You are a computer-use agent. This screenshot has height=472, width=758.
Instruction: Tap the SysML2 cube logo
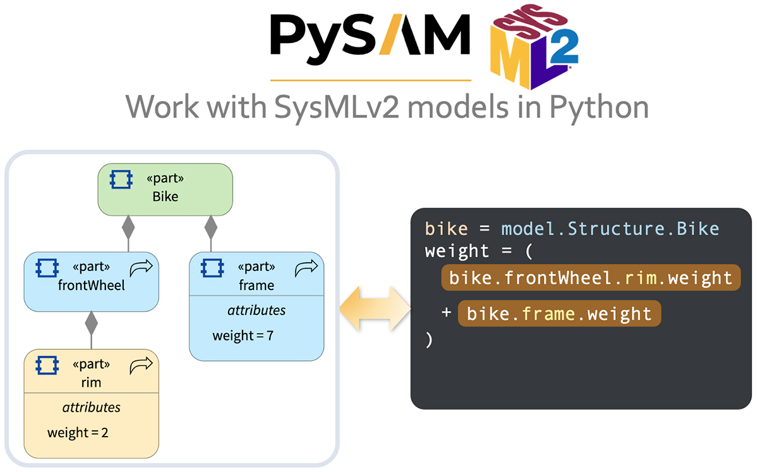point(534,47)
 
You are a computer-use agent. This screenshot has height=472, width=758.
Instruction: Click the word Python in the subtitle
point(599,107)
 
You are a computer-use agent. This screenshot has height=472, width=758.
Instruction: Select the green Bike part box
point(165,188)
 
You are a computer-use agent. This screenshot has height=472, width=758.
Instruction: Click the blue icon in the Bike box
point(120,181)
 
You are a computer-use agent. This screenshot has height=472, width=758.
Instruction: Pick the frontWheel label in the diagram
point(92,285)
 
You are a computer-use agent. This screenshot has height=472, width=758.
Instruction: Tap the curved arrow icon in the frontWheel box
point(141,270)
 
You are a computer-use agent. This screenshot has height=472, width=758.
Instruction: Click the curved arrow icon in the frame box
point(306,269)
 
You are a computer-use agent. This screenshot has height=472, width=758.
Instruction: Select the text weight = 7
point(243,336)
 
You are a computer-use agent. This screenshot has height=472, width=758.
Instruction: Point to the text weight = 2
point(77,433)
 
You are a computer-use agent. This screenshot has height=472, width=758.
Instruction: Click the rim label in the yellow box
point(92,382)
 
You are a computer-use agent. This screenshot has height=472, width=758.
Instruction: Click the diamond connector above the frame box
point(210,226)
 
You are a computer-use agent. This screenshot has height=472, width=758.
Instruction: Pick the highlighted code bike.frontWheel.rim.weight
point(590,277)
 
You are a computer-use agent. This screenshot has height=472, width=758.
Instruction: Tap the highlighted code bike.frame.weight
point(558,313)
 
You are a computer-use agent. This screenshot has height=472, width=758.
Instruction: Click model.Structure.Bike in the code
point(610,228)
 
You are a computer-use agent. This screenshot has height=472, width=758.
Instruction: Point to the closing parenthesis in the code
point(430,339)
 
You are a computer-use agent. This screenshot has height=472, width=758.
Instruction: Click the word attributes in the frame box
point(256,310)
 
